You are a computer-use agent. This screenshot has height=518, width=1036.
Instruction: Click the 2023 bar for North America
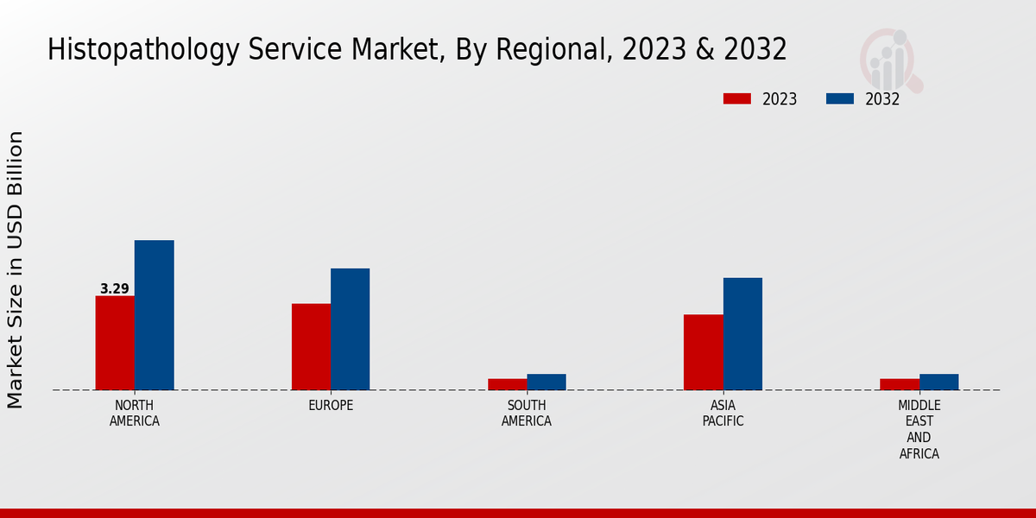[x=115, y=343]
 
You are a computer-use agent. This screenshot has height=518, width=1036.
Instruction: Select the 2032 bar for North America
[x=154, y=315]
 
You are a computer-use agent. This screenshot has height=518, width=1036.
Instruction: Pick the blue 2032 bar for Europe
[x=350, y=329]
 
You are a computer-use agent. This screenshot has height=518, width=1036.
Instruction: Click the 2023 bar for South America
[x=507, y=384]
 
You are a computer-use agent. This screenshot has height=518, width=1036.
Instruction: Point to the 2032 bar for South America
[x=546, y=382]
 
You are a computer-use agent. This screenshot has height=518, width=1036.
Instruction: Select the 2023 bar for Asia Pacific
[x=703, y=352]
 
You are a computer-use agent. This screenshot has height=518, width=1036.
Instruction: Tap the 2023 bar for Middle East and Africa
[x=900, y=384]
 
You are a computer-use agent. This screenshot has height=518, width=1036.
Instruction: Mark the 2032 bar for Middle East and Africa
[x=938, y=382]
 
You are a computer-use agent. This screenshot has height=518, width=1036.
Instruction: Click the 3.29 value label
[x=114, y=289]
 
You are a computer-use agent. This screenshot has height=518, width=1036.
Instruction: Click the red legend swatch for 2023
[x=737, y=98]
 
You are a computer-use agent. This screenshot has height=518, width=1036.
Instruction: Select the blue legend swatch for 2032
[x=840, y=98]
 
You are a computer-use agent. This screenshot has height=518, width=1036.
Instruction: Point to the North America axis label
[x=135, y=414]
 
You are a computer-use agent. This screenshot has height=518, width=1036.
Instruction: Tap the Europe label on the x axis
[x=331, y=406]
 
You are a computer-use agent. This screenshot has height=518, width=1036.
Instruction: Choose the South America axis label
[x=527, y=414]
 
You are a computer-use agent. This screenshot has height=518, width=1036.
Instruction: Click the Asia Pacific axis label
[x=723, y=414]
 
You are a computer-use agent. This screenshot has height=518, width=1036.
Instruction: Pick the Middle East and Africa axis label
[x=919, y=429]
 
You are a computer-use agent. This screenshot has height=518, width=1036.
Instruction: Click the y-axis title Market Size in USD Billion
[x=16, y=269]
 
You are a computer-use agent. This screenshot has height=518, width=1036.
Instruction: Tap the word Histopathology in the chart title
[x=142, y=50]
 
